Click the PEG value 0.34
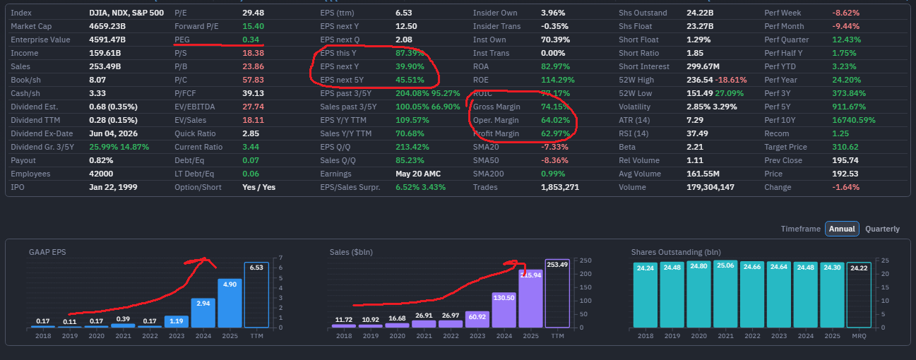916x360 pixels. (x=251, y=40)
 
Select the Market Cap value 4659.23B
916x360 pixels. (x=107, y=26)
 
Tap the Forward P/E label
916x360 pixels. (x=196, y=26)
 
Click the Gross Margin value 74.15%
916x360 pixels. (x=555, y=107)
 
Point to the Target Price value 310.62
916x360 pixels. (x=845, y=147)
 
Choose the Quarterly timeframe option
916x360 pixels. (x=883, y=229)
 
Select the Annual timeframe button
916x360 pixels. (x=842, y=229)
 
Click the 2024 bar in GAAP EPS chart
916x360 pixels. (x=203, y=313)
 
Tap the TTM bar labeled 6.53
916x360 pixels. (x=256, y=295)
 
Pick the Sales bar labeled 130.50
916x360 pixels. (x=504, y=310)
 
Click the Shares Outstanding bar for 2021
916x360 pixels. (x=725, y=294)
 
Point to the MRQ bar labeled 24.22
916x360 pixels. (x=859, y=295)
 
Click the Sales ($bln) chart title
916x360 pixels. (x=351, y=252)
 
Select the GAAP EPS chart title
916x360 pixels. (x=47, y=252)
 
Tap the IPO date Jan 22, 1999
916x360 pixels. (x=113, y=187)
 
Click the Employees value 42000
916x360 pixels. (x=101, y=174)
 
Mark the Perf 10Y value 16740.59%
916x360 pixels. (x=854, y=120)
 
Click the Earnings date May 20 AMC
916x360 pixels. (x=418, y=174)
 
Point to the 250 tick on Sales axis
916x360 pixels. (x=585, y=260)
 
